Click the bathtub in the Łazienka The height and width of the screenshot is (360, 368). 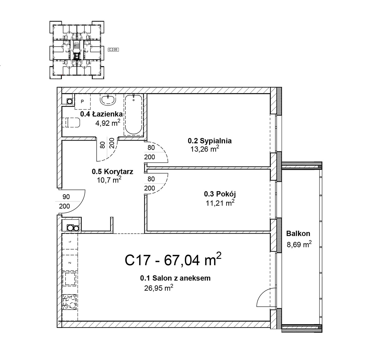pyautogui.click(x=133, y=115)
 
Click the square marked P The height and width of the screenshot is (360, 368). pyautogui.click(x=82, y=101)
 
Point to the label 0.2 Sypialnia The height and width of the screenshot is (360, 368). pyautogui.click(x=209, y=141)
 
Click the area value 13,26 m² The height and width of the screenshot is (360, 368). pyautogui.click(x=205, y=149)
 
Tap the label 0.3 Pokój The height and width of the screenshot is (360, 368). pyautogui.click(x=220, y=194)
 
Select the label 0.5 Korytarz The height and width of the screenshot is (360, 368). pyautogui.click(x=113, y=171)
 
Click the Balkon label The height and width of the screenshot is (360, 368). pyautogui.click(x=298, y=233)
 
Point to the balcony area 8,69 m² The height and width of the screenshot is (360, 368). pyautogui.click(x=299, y=244)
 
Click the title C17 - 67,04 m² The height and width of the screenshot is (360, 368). pyautogui.click(x=173, y=260)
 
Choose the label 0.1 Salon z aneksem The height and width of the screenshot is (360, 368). pyautogui.click(x=175, y=278)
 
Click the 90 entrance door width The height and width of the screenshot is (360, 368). pyautogui.click(x=66, y=197)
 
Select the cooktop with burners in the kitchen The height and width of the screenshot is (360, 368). pyautogui.click(x=70, y=302)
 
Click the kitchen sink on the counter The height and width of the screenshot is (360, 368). pyautogui.click(x=70, y=279)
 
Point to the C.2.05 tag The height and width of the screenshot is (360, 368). pyautogui.click(x=113, y=50)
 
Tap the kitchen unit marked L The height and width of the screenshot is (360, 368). pyautogui.click(x=70, y=241)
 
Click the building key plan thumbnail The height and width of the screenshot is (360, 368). pyautogui.click(x=77, y=50)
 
